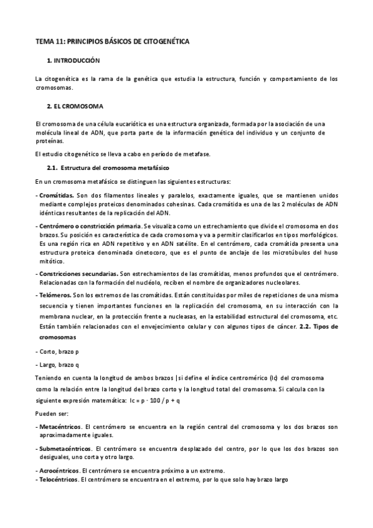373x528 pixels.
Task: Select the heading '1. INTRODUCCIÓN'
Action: [73, 62]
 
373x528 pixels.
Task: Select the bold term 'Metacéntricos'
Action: [60, 426]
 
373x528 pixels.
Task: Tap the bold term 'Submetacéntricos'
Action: [65, 448]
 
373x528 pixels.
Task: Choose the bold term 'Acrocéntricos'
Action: [59, 470]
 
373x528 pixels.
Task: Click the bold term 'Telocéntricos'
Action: [59, 480]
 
